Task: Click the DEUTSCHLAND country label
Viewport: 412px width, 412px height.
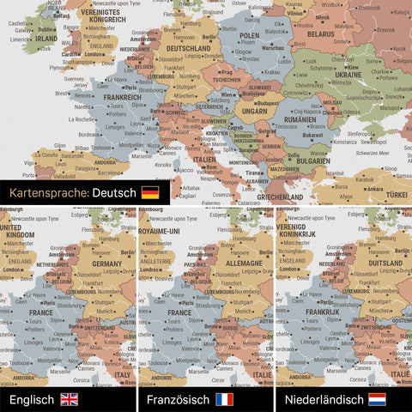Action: click(187, 49)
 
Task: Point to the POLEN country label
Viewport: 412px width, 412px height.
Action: click(249, 36)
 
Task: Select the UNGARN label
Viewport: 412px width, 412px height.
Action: click(256, 110)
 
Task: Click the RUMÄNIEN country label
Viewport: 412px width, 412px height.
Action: click(301, 121)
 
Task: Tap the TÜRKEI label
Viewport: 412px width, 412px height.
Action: click(394, 194)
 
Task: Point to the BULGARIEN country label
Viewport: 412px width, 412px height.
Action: click(307, 160)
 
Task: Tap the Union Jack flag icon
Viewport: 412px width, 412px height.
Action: click(69, 399)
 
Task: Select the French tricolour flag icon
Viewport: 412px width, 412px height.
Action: click(224, 399)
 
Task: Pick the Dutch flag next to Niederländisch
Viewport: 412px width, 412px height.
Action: click(377, 399)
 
